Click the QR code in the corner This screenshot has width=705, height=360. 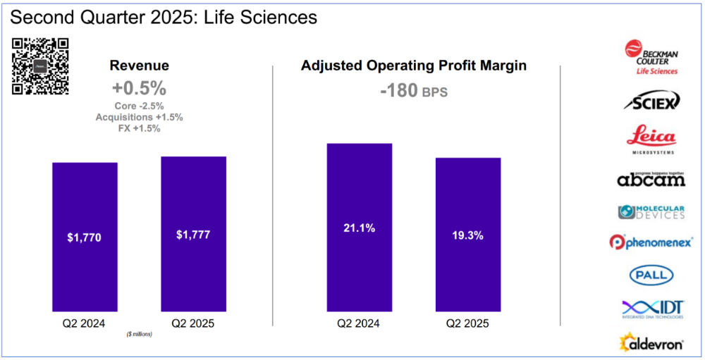pos(40,65)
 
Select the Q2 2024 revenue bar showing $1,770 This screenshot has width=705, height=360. pos(85,237)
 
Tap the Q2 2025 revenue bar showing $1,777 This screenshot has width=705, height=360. pos(193,234)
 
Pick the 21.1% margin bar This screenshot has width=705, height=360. pos(359,228)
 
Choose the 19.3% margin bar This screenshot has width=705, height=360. pos(467,235)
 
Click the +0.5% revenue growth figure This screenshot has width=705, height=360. pos(139,89)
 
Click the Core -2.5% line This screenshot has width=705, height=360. pos(139,106)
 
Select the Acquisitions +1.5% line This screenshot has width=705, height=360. pos(139,117)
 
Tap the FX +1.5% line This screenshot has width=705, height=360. pos(139,128)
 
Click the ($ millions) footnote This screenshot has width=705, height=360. pos(139,333)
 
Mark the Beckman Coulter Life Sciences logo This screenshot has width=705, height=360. pos(651,58)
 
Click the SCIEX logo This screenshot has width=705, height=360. pos(651,102)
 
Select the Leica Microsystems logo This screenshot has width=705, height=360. pos(651,139)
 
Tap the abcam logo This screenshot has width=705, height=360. pos(651,179)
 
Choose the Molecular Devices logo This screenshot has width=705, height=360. pos(651,211)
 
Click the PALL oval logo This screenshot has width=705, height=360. pos(651,275)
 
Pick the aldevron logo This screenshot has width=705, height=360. pos(651,342)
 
